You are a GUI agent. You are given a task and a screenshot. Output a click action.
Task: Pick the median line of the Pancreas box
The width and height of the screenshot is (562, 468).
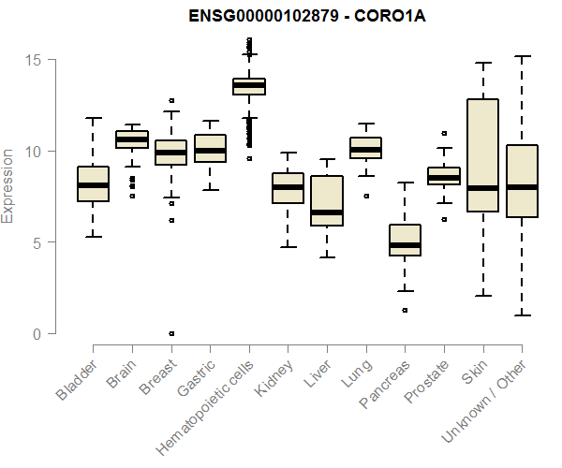tap(405, 245)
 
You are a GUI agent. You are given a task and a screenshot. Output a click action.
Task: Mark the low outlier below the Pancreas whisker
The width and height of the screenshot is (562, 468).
tap(405, 310)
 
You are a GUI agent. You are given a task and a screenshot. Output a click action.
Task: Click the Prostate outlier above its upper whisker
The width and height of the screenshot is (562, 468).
tap(443, 133)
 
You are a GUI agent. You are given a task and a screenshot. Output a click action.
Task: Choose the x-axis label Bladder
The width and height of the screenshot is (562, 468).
tap(76, 380)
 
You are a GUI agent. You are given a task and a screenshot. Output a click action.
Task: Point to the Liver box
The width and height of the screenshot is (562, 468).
tap(326, 200)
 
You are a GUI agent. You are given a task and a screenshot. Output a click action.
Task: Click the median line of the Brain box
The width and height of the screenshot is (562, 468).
tap(131, 139)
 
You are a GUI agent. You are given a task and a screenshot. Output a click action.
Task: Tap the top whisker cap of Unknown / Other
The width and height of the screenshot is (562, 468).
tap(521, 56)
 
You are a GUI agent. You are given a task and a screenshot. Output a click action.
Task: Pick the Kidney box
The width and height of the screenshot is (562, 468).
tap(288, 188)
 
